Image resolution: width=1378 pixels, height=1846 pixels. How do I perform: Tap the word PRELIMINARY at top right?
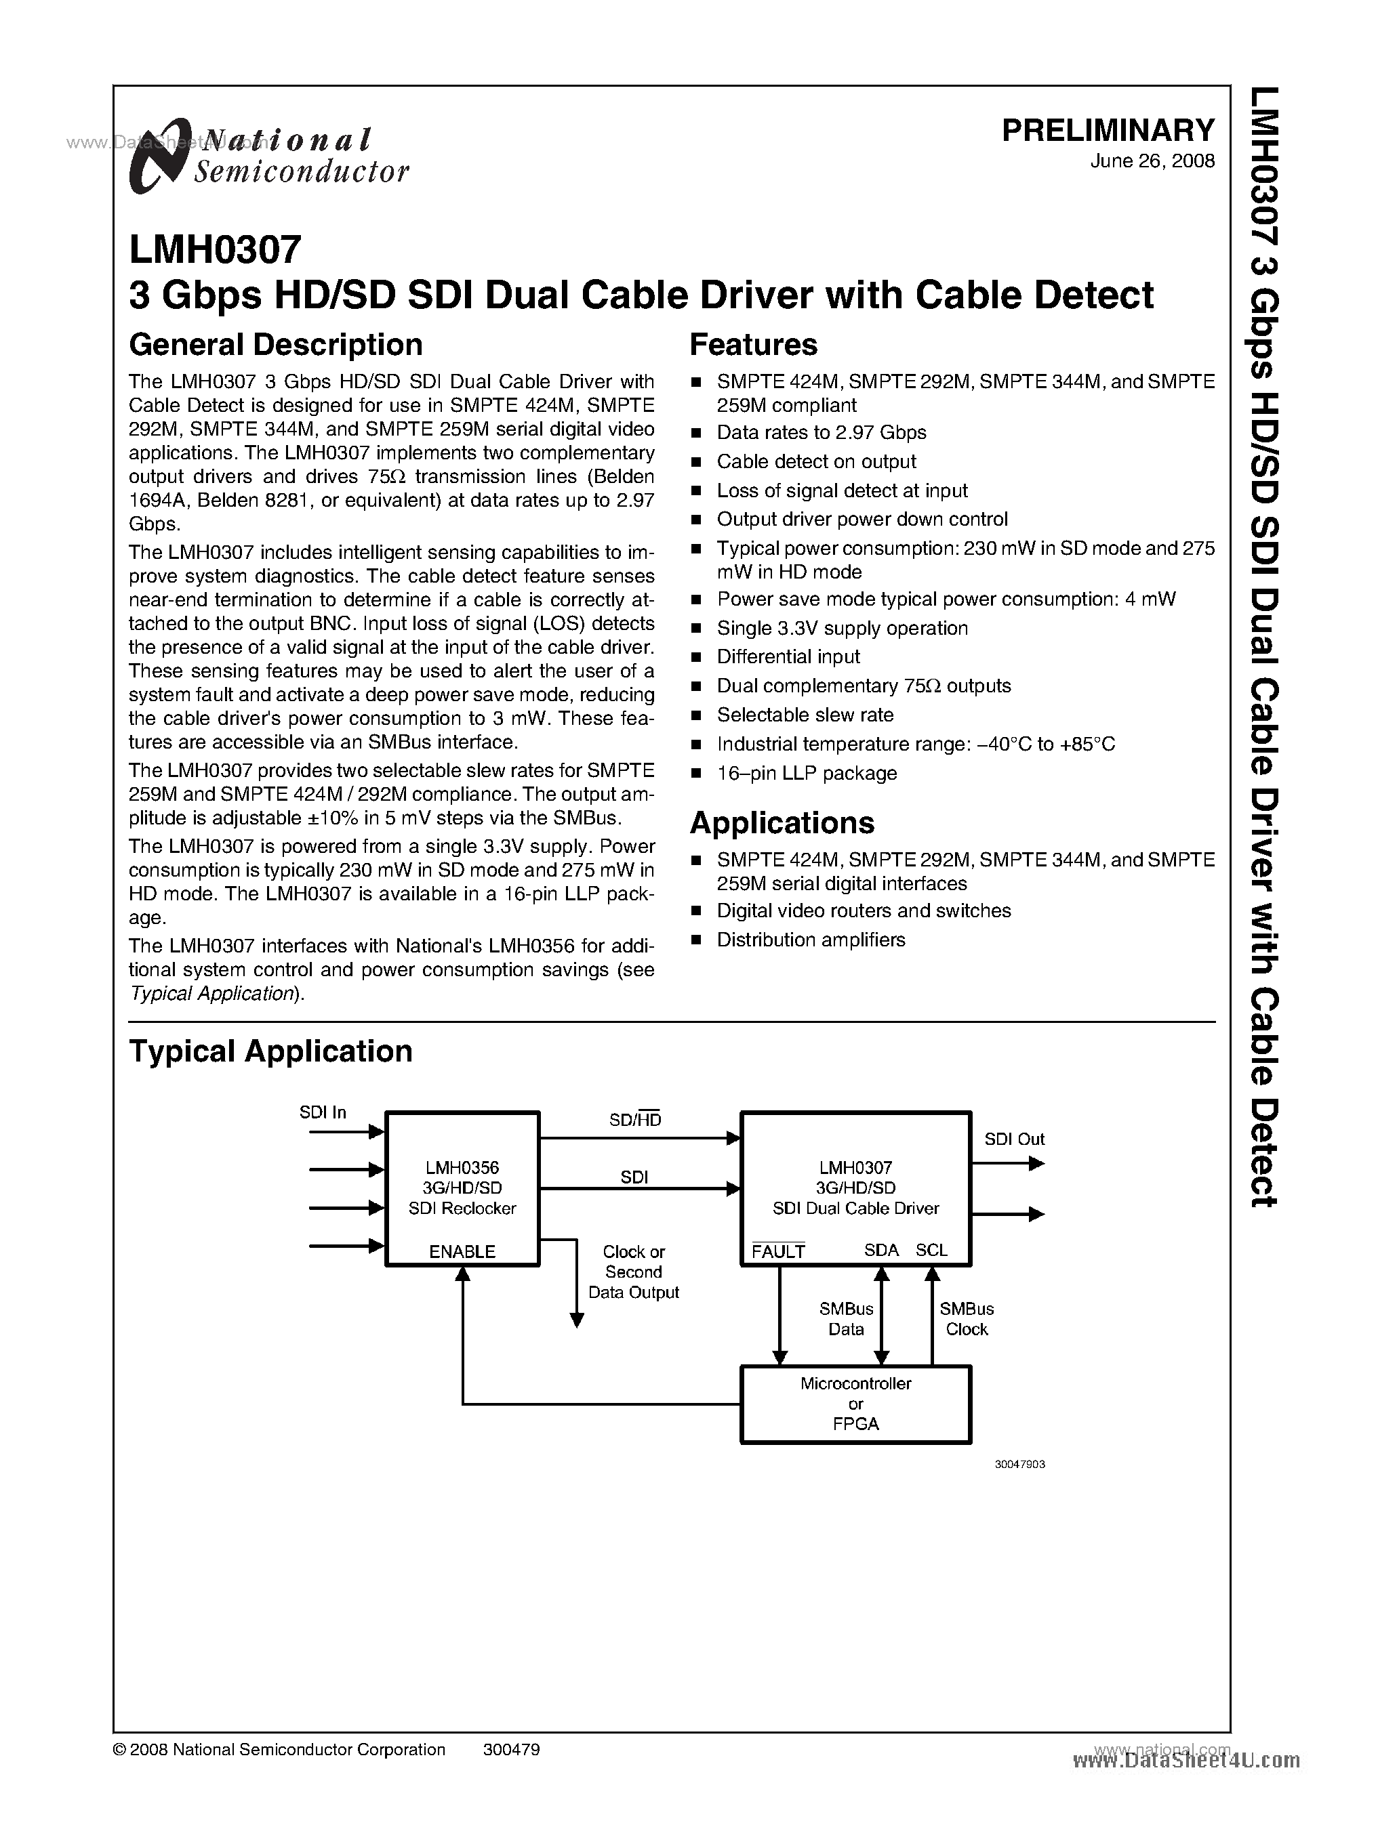tap(1108, 130)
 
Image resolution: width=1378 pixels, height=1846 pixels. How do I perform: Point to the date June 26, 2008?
tap(1152, 162)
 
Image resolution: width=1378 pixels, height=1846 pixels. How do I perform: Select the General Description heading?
tap(275, 344)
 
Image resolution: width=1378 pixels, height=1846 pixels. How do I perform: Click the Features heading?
tap(753, 344)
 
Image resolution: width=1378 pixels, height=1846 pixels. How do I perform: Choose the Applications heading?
tap(782, 823)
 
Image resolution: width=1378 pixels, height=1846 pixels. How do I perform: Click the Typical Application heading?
tap(270, 1051)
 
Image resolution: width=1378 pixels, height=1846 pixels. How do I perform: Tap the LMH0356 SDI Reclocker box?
tap(462, 1188)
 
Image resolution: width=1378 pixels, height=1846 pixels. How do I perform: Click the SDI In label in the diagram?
tap(323, 1112)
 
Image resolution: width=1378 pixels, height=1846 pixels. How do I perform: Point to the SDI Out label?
tap(1013, 1139)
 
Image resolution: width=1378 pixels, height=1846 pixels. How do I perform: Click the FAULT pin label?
tap(777, 1251)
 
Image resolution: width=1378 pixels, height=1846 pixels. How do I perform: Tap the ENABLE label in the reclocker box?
tap(462, 1251)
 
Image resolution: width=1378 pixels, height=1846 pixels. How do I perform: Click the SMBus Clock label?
tap(966, 1319)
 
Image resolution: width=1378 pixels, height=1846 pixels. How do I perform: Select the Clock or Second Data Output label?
tap(633, 1272)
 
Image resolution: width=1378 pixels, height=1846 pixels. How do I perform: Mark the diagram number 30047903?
tap(1019, 1464)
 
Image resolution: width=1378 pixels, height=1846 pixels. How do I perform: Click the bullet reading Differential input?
tap(788, 657)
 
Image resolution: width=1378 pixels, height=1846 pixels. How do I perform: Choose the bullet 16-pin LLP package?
tap(806, 773)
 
